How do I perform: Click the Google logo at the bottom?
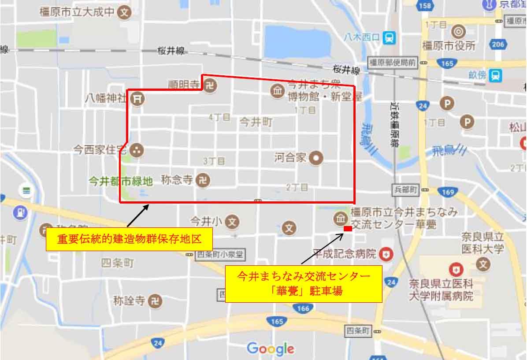tap(271, 349)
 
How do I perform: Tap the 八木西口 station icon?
tap(389, 38)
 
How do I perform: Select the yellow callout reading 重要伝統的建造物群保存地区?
tap(129, 239)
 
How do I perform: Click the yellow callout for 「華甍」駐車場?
tap(303, 283)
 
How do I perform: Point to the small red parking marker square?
tap(348, 229)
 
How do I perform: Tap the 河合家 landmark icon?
tap(315, 158)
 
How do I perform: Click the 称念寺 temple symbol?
tap(203, 180)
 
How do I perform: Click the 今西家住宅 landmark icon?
tap(137, 150)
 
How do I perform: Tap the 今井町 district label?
tap(256, 122)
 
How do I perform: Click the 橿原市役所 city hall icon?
tap(458, 31)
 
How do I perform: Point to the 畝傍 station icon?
tap(496, 75)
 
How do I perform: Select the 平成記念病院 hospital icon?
tap(386, 254)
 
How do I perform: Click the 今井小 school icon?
tap(232, 221)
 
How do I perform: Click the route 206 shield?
tap(498, 44)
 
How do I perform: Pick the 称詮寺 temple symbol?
tap(155, 301)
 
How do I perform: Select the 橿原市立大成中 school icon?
tap(125, 12)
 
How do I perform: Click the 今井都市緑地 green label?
tap(120, 181)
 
